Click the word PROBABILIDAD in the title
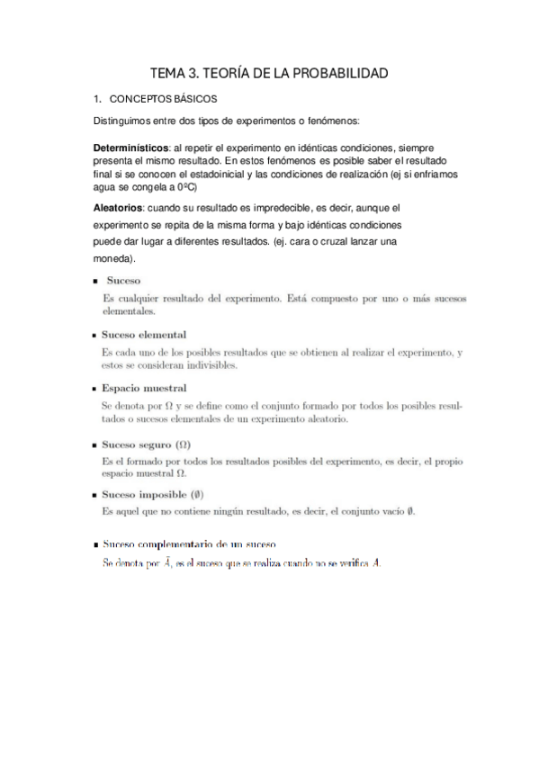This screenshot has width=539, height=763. [339, 73]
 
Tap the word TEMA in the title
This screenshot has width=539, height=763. [168, 73]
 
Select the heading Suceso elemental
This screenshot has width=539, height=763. [144, 335]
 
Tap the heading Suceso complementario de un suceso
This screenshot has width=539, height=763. [189, 545]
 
